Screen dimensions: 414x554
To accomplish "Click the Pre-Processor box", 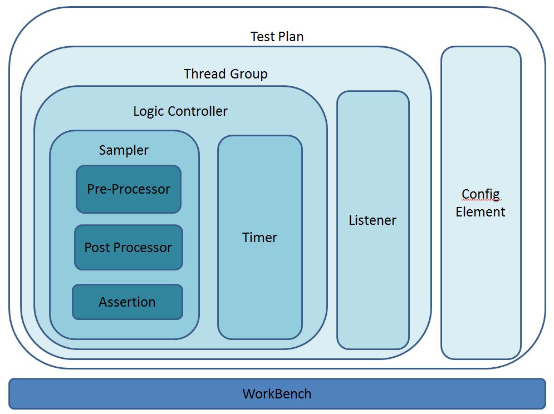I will [129, 189].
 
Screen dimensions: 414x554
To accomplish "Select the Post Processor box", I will [128, 248].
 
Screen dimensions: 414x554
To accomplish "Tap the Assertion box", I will [127, 302].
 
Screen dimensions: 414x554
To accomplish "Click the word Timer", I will [259, 238].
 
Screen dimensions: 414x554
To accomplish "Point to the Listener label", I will [372, 220].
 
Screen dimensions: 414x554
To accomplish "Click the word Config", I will [481, 194].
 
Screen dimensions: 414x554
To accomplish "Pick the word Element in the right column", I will [481, 212].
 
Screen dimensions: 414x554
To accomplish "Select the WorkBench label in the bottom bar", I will [277, 394].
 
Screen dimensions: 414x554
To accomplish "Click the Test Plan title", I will [277, 37].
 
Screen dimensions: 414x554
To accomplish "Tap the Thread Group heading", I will [225, 74].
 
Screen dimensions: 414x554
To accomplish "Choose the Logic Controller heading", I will [180, 111].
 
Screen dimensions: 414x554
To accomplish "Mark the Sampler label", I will [124, 150].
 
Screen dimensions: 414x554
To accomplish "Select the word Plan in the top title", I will [291, 37].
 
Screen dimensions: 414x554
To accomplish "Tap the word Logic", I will [146, 111].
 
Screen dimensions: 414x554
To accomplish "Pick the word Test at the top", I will [262, 37].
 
